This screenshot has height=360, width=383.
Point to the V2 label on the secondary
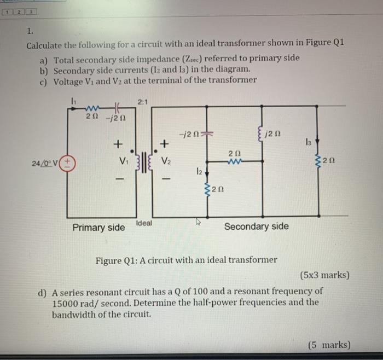(x=166, y=162)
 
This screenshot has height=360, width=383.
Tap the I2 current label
(x=200, y=171)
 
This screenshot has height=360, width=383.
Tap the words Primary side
(x=98, y=227)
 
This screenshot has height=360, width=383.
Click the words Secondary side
(x=256, y=226)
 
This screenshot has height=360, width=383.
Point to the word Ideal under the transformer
(x=144, y=223)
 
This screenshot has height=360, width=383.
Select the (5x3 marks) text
(x=324, y=275)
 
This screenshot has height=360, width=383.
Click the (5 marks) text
(x=329, y=345)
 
